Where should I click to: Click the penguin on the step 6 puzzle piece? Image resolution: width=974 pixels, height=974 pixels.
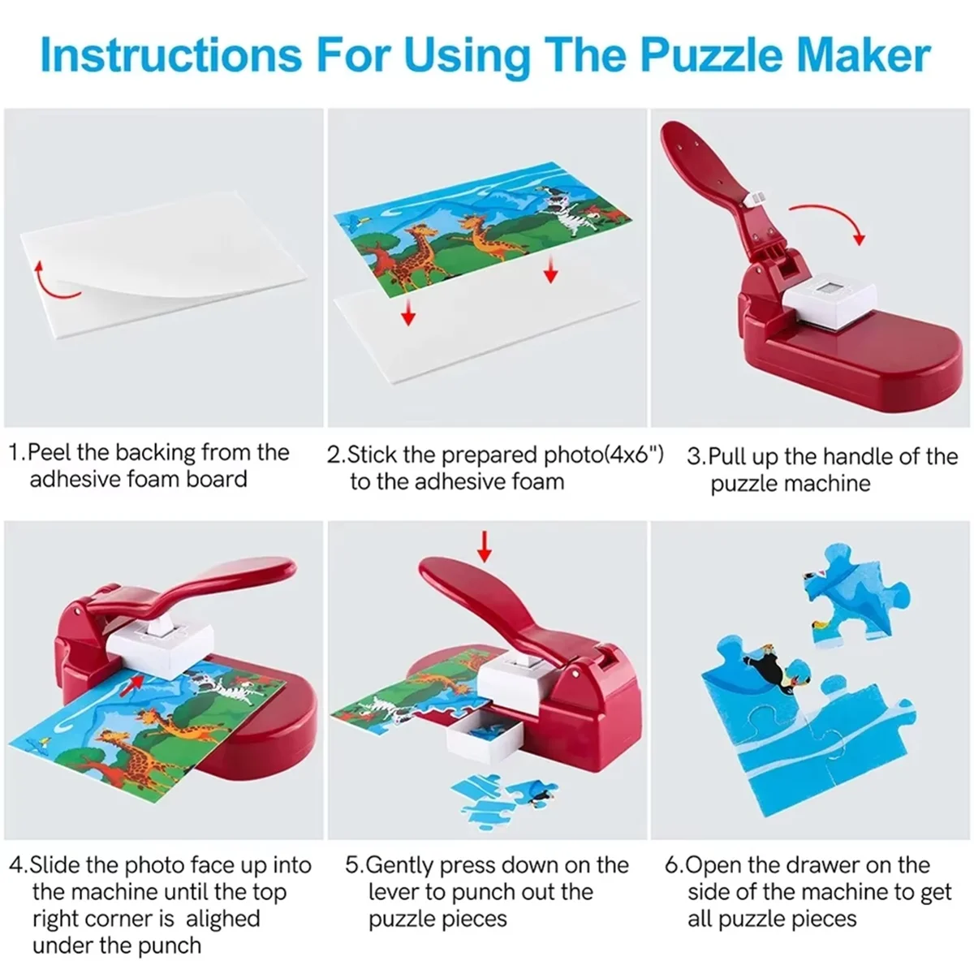767,665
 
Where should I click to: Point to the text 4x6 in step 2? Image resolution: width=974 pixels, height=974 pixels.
631,455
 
